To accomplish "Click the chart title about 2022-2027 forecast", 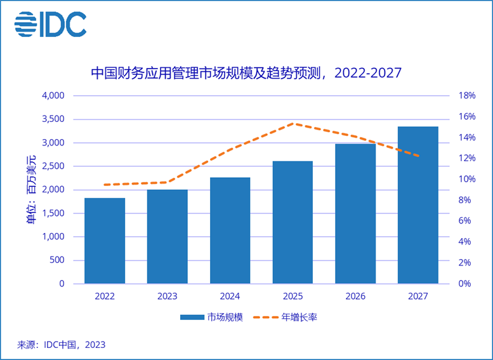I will tap(246, 73).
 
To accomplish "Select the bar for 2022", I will tap(105, 241).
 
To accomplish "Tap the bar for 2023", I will tap(168, 236).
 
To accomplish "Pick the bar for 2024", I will tap(230, 230).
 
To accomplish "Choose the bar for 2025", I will tap(293, 222).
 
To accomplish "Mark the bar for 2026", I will tap(355, 213).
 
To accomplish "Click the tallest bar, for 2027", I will tap(418, 204).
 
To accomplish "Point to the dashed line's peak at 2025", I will tap(293, 124).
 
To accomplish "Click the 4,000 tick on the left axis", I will tap(53, 96).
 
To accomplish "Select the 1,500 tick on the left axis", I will tap(53, 213).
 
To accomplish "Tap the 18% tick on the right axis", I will tap(467, 96).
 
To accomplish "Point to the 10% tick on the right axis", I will tap(467, 179).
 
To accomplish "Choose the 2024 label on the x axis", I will tap(230, 296).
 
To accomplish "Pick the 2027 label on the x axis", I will tap(418, 296).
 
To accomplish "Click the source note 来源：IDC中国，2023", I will tap(61, 345).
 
